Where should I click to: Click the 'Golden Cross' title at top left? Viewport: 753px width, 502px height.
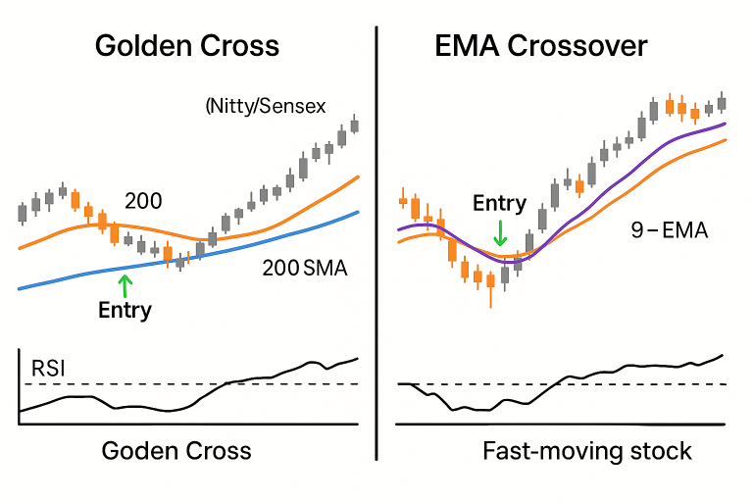click(x=186, y=46)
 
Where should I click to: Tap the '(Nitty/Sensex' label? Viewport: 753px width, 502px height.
click(x=265, y=105)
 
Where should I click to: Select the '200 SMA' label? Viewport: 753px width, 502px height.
click(x=304, y=267)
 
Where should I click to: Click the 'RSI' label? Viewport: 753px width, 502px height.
click(x=50, y=369)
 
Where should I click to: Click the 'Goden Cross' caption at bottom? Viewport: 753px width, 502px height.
click(x=176, y=451)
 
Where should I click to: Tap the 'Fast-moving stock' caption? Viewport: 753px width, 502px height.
click(x=587, y=451)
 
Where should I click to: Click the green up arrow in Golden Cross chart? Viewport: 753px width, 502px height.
click(x=124, y=284)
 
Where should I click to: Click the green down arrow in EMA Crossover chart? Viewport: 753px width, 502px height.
click(x=500, y=232)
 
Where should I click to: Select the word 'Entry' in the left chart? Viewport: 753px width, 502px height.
click(x=125, y=311)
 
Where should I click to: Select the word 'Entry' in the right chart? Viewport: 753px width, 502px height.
click(x=499, y=204)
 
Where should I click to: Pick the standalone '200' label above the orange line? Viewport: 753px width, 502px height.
click(x=143, y=202)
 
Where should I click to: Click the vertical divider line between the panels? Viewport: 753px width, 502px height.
click(x=376, y=245)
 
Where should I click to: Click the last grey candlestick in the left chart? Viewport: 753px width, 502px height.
click(x=355, y=125)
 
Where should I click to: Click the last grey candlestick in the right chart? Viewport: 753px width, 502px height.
click(x=722, y=102)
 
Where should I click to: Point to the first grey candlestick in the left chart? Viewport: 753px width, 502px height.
click(x=23, y=212)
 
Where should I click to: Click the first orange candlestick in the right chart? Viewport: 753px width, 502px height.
click(x=403, y=201)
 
